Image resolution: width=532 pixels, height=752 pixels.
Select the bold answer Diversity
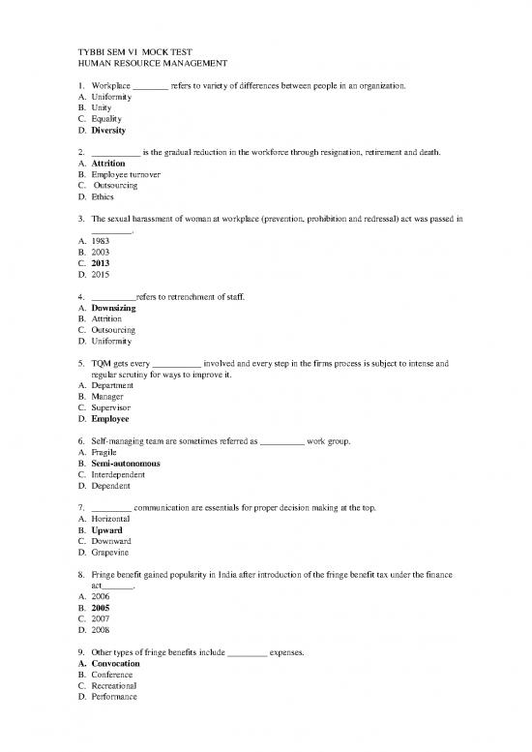108,130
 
